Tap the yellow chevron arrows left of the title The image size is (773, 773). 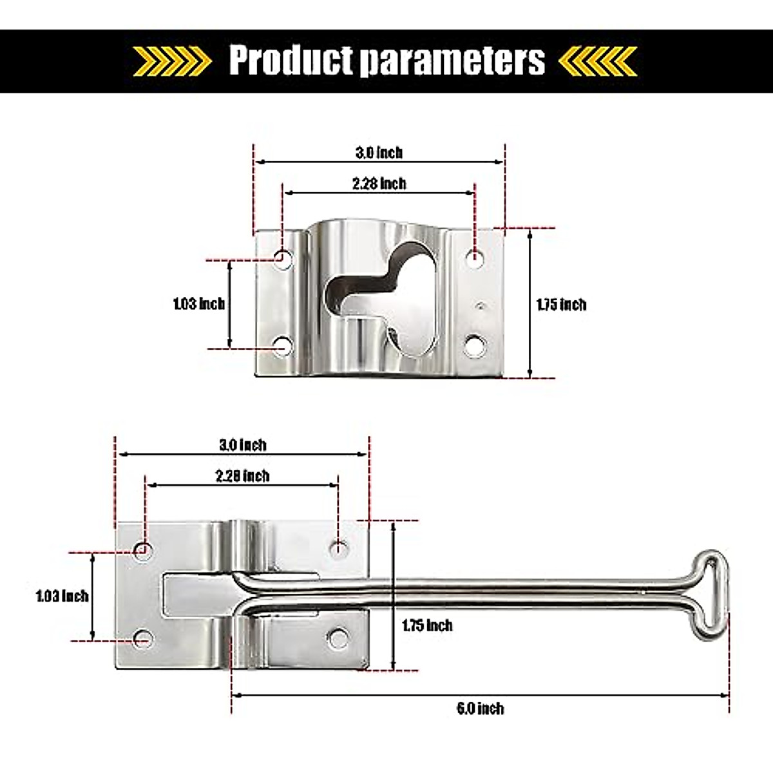point(172,61)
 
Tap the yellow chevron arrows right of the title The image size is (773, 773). point(598,61)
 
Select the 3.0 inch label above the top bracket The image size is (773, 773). point(379,153)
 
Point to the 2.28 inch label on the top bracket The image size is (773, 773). point(379,184)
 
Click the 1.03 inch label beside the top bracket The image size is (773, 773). point(198,303)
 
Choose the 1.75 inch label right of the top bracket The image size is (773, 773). point(561,304)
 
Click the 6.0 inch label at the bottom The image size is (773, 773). point(480,709)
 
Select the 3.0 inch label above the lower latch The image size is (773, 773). point(242,444)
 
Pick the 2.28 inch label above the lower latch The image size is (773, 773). point(242,476)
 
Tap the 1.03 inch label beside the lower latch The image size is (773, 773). point(62,596)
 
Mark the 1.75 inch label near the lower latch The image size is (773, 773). point(426,625)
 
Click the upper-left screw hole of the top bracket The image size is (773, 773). point(282,258)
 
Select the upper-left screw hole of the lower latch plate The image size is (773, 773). point(144,549)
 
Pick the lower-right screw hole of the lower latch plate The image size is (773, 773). point(337,638)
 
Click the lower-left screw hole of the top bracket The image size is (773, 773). point(282,346)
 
